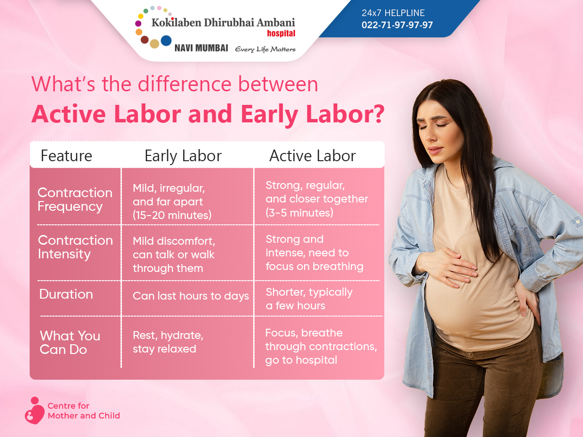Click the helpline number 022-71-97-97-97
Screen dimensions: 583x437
397,25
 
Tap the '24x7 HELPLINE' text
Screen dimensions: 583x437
393,13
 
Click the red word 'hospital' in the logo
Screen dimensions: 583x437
281,34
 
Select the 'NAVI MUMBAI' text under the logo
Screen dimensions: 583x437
201,48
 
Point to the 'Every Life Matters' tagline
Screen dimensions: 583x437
265,50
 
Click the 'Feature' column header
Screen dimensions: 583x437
67,156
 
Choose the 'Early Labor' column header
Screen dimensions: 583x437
183,156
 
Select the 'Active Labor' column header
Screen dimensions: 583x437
312,156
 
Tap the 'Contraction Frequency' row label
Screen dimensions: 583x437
75,200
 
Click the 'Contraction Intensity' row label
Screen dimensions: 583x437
75,247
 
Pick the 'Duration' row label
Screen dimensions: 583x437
66,294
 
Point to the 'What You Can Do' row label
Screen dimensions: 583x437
70,342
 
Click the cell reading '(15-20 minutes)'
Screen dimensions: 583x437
172,215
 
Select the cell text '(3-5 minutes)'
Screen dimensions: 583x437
299,213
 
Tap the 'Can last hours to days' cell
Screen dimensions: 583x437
191,296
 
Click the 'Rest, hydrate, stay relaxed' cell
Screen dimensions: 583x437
168,342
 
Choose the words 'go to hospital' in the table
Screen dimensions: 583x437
301,360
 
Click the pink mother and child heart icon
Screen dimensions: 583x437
34,410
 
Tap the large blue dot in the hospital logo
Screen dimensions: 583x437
166,41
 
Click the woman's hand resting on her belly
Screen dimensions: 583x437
449,268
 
